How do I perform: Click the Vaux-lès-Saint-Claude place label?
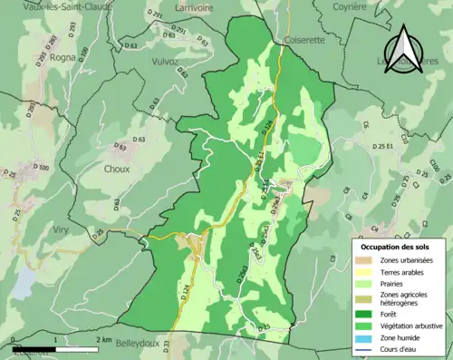[43, 7]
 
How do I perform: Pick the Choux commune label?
[117, 169]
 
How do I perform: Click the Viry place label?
[60, 229]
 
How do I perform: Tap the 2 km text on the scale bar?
[101, 340]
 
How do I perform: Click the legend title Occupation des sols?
[395, 246]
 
